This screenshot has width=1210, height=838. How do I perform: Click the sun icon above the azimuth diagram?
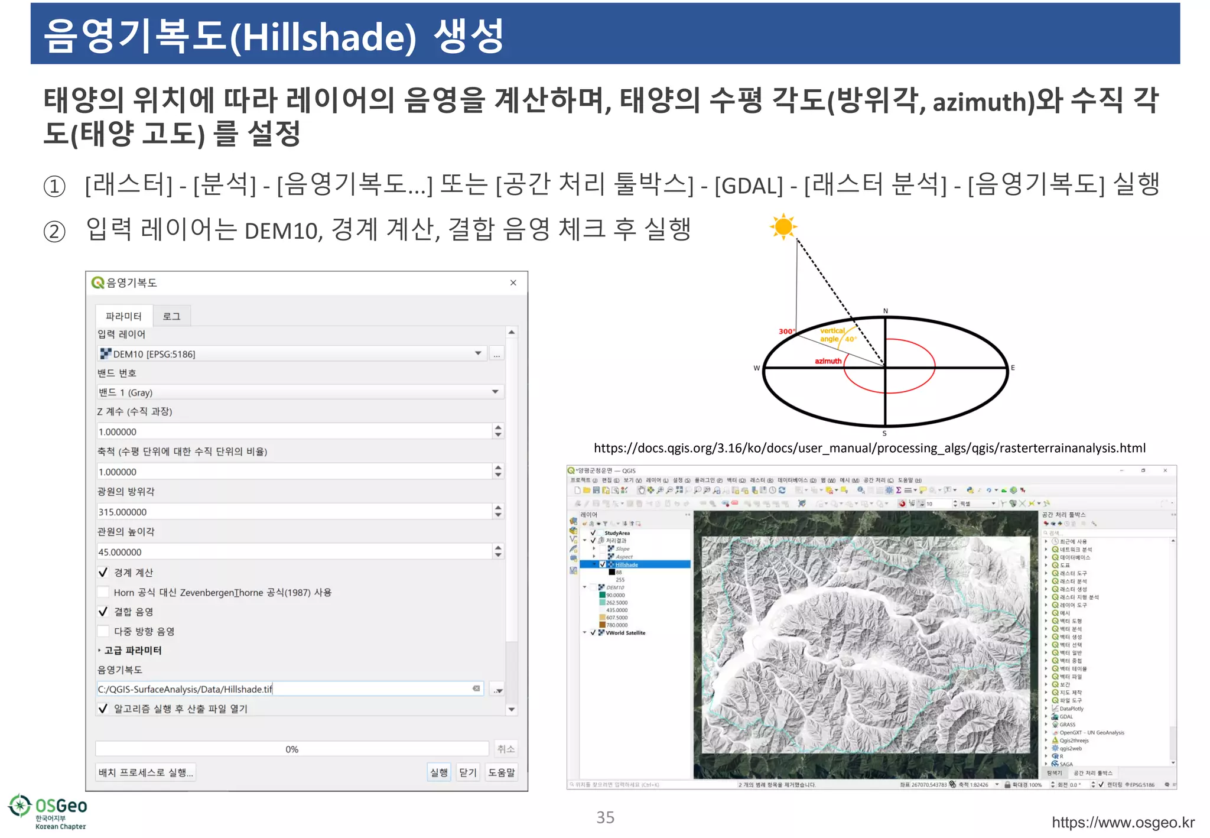pos(783,227)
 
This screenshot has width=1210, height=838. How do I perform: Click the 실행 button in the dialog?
pos(438,772)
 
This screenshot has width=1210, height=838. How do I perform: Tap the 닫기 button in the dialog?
pos(467,772)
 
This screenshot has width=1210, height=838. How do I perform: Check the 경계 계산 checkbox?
pos(103,572)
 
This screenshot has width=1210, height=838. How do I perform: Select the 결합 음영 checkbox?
pos(103,612)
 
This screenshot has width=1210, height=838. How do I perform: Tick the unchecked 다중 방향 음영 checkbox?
pos(103,631)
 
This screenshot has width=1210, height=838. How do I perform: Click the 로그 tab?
pos(171,316)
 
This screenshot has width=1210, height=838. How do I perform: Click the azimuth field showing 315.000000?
pos(294,512)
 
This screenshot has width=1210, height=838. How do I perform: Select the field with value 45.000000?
pos(294,552)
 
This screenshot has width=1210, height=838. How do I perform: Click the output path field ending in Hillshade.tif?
pos(284,689)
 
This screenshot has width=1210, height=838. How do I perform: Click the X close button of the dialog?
pos(513,283)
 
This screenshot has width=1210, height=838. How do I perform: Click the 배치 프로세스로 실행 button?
pos(145,772)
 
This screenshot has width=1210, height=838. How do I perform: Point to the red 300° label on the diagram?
pos(786,332)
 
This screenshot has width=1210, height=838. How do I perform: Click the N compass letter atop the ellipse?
pos(885,311)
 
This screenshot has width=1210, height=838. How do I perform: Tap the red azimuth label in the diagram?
pos(828,361)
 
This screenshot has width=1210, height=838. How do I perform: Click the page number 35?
pos(605,817)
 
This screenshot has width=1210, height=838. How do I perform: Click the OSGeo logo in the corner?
pos(47,811)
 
